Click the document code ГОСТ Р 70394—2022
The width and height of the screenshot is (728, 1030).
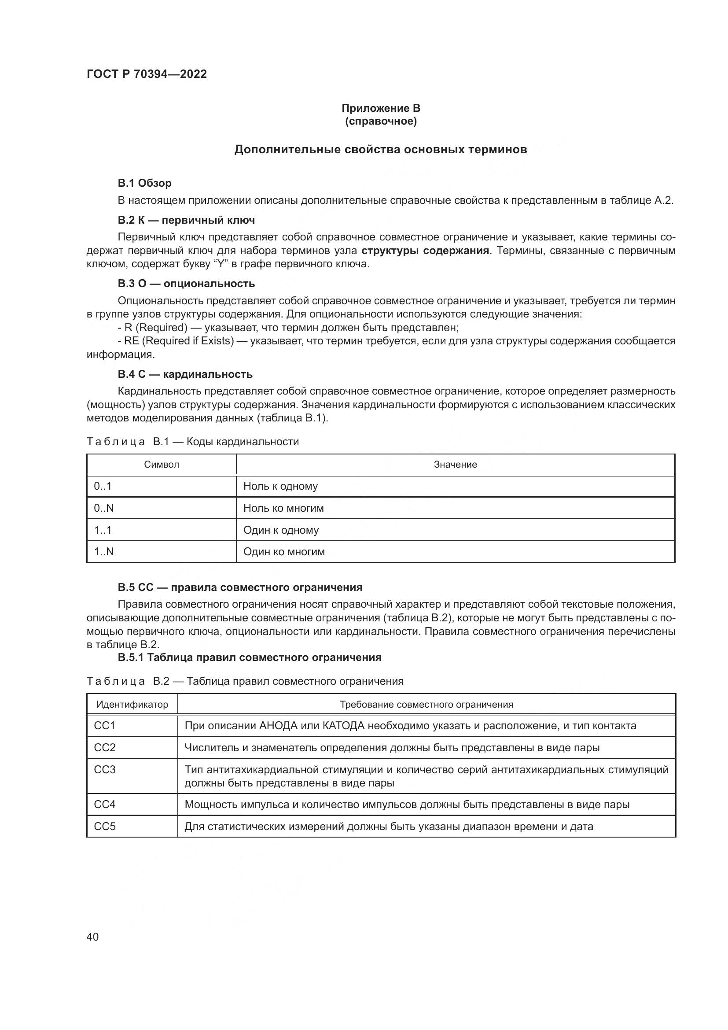click(x=147, y=74)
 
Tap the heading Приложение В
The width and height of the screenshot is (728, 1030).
click(x=381, y=108)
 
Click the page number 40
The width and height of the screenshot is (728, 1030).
click(x=92, y=937)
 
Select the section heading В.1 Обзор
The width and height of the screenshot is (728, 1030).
click(x=144, y=183)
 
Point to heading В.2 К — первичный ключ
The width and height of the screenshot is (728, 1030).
click(x=186, y=220)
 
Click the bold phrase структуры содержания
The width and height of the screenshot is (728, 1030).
click(x=425, y=251)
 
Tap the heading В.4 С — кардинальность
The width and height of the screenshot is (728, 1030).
click(x=185, y=374)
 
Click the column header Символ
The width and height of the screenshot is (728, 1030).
click(x=162, y=465)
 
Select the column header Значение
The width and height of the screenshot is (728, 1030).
click(x=455, y=465)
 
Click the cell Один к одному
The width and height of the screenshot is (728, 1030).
click(x=281, y=530)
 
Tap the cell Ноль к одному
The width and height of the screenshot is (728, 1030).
click(x=281, y=486)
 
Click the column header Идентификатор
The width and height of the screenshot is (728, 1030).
click(x=132, y=704)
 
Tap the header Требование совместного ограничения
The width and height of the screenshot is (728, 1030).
click(x=427, y=704)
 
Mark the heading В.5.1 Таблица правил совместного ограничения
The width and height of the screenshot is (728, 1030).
click(x=250, y=657)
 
